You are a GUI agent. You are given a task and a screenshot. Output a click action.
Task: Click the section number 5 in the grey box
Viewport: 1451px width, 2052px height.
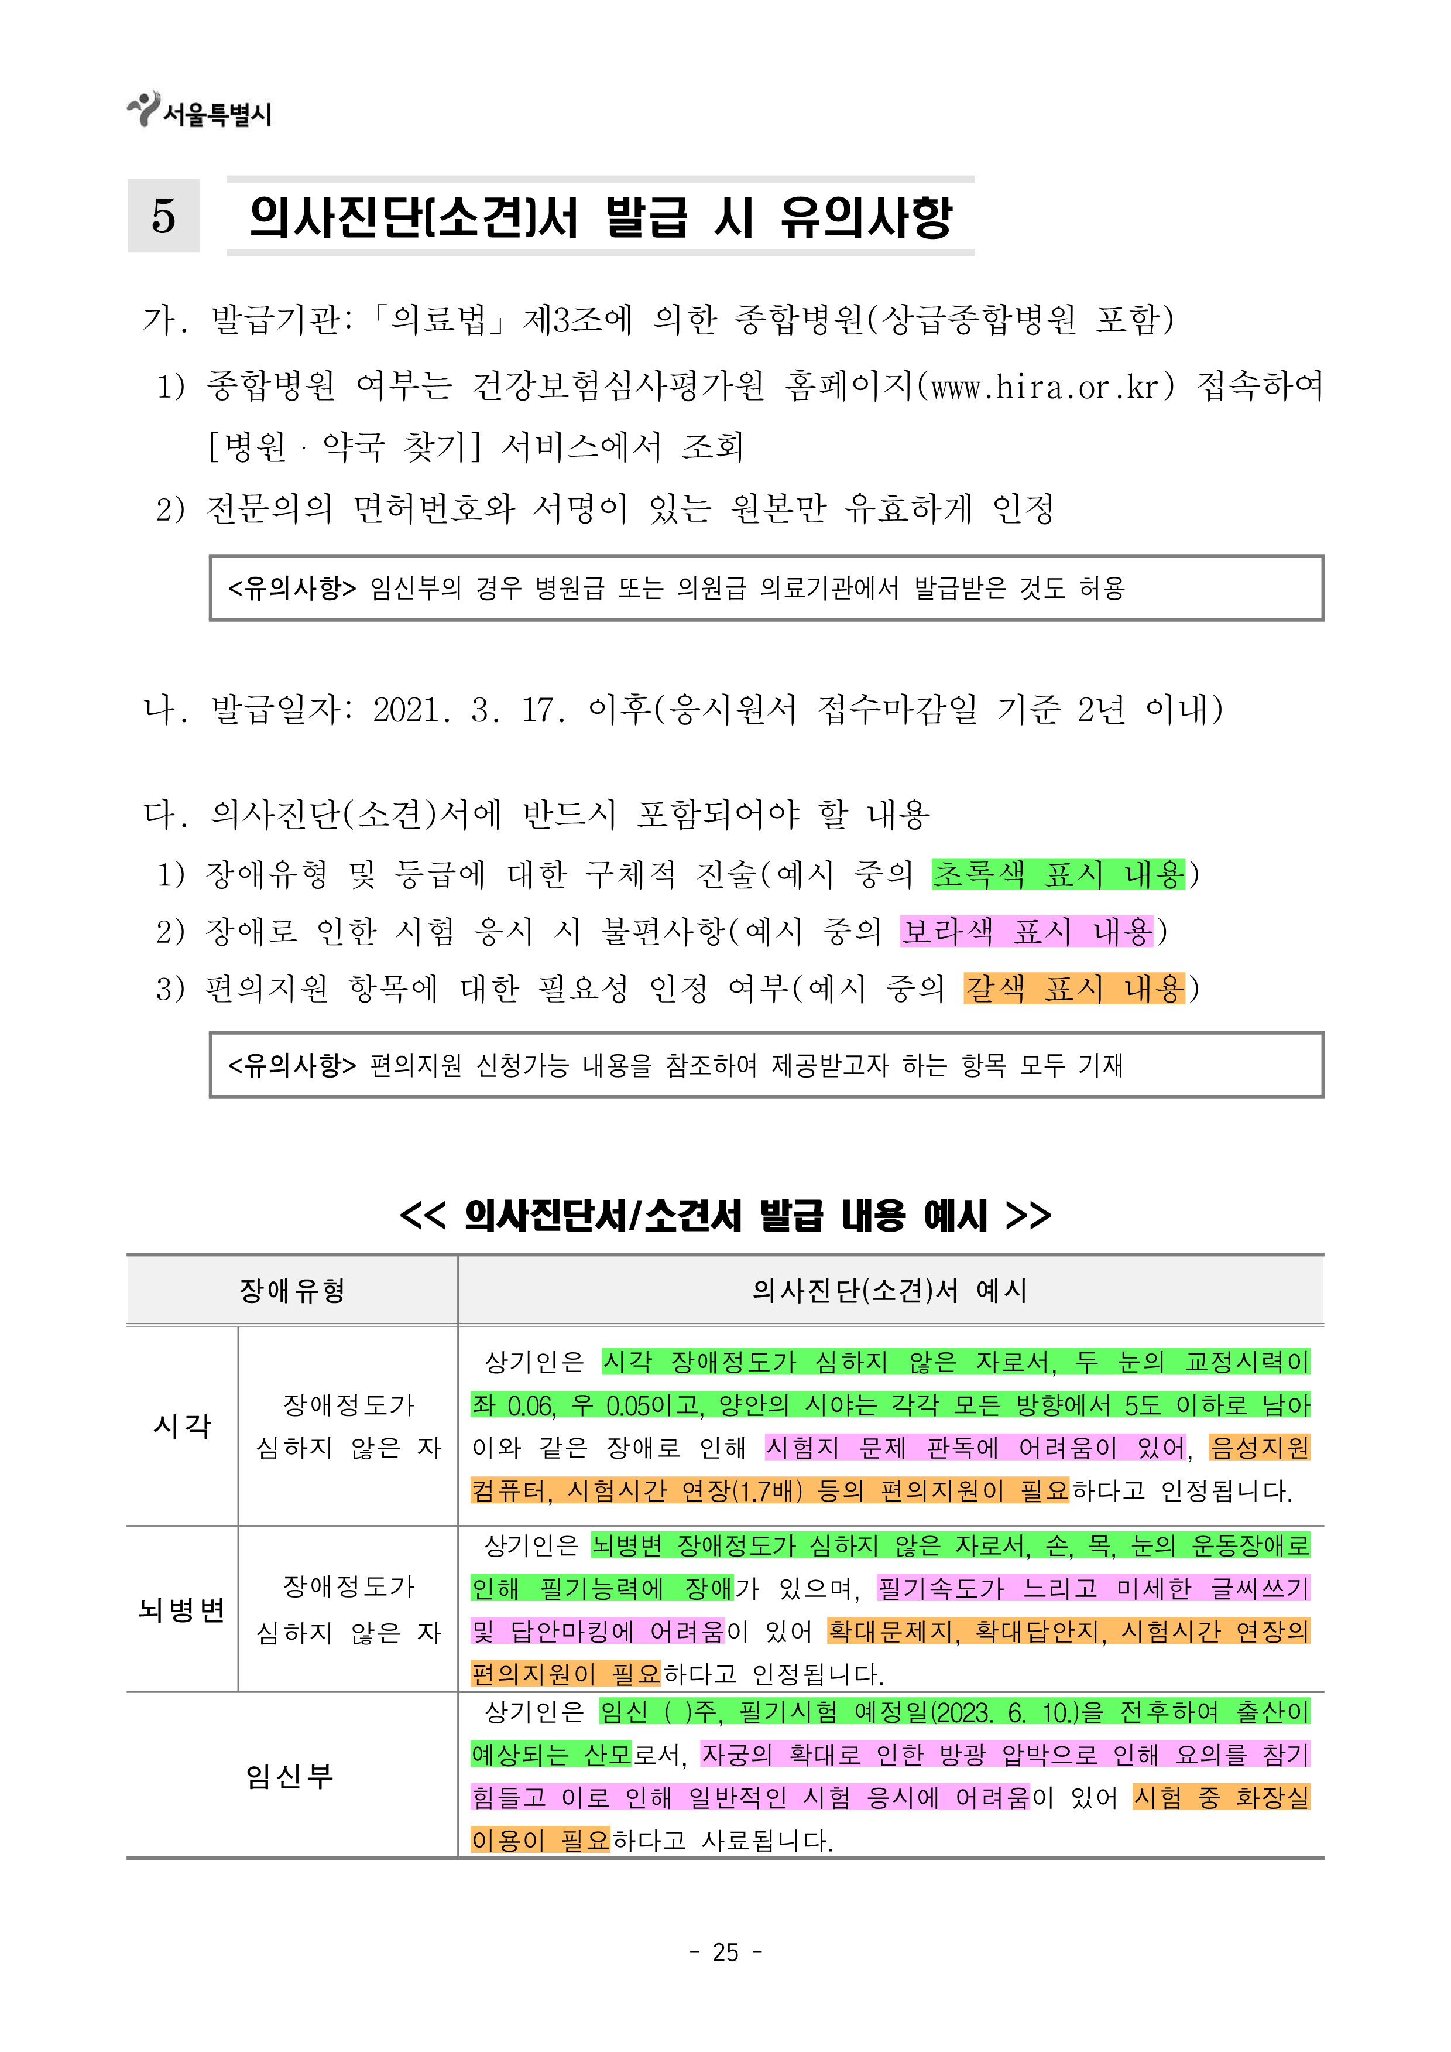pos(163,216)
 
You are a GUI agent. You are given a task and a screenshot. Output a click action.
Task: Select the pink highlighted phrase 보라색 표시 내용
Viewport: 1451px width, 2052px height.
pos(1027,931)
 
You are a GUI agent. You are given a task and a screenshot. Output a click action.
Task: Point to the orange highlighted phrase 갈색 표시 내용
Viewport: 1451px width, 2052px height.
pos(1074,989)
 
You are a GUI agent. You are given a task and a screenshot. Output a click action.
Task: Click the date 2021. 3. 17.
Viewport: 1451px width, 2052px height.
pos(469,710)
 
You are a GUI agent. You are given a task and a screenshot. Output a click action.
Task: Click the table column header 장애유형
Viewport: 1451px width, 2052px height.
pos(292,1290)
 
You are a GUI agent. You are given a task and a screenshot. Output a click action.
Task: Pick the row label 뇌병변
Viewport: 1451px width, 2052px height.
pos(182,1610)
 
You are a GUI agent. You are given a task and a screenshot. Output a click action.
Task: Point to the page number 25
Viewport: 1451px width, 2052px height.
pos(726,1952)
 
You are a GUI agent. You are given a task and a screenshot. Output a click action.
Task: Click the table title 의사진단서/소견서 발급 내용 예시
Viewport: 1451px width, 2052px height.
pos(726,1216)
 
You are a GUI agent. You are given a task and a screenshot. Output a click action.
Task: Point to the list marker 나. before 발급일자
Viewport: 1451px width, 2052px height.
pos(166,710)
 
